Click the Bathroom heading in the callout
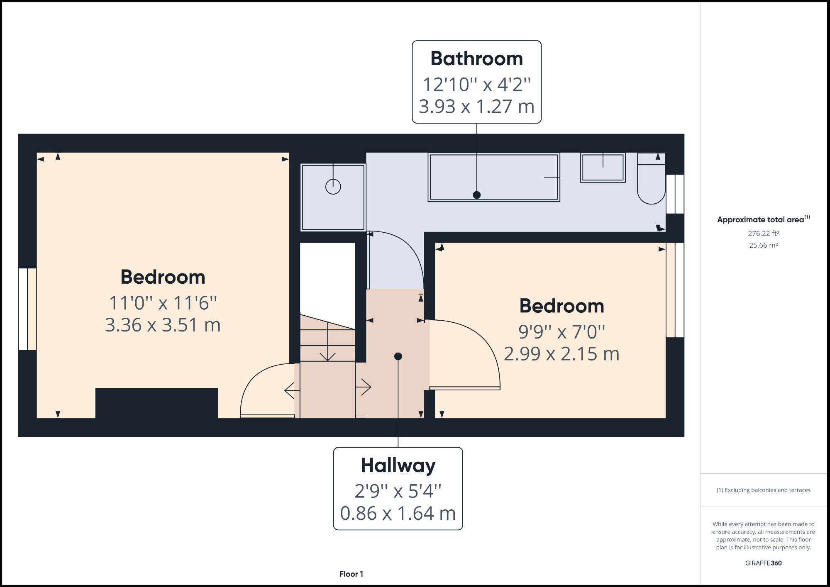click(x=476, y=58)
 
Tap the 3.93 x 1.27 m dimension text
click(x=476, y=107)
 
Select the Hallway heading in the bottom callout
click(x=398, y=465)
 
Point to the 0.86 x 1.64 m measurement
click(x=398, y=514)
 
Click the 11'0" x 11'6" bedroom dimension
click(x=163, y=303)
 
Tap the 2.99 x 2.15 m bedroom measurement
click(x=561, y=354)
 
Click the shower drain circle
click(x=333, y=187)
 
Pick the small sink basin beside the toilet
click(x=603, y=168)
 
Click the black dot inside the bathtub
click(x=477, y=195)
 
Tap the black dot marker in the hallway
click(x=398, y=356)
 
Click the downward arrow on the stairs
click(x=328, y=356)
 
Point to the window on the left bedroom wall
click(x=27, y=309)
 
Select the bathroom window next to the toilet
click(x=675, y=194)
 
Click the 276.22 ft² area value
click(x=763, y=234)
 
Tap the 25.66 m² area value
click(x=763, y=245)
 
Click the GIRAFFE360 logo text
click(x=763, y=563)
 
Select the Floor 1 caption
click(x=351, y=574)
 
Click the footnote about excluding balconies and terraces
click(x=763, y=490)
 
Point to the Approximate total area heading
click(x=761, y=220)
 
